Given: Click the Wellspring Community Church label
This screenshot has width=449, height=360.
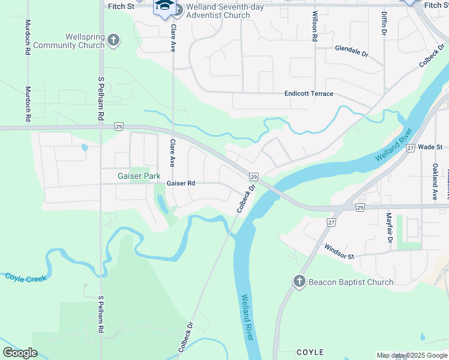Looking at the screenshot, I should pyautogui.click(x=69, y=41).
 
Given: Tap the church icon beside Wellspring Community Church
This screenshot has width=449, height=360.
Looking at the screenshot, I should pyautogui.click(x=113, y=40).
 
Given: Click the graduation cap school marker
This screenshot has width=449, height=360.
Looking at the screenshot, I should pyautogui.click(x=164, y=7).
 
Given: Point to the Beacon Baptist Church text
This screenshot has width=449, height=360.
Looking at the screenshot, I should pyautogui.click(x=351, y=282).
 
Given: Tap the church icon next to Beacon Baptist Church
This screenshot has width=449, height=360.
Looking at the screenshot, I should pyautogui.click(x=300, y=281).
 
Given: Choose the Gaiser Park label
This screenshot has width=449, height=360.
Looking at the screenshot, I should pyautogui.click(x=139, y=176).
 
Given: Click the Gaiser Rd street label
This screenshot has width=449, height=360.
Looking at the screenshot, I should pyautogui.click(x=181, y=183).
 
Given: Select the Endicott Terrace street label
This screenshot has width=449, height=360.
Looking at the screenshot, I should pyautogui.click(x=309, y=94).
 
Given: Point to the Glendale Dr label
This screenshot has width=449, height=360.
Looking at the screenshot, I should pyautogui.click(x=352, y=50).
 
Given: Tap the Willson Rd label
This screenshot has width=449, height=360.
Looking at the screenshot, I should pyautogui.click(x=315, y=26).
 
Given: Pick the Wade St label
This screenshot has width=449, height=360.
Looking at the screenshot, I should pyautogui.click(x=430, y=147).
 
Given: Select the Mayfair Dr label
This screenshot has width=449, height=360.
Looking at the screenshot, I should pyautogui.click(x=389, y=228).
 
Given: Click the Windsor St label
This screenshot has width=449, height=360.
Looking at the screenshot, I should pyautogui.click(x=339, y=251).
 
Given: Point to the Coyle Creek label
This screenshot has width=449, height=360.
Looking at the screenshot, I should pyautogui.click(x=25, y=278).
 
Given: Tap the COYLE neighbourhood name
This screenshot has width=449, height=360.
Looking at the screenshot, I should pyautogui.click(x=310, y=352).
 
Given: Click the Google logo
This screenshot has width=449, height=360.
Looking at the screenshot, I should pyautogui.click(x=20, y=353).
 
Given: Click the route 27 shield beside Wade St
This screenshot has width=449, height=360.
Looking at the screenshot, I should pyautogui.click(x=411, y=148).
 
